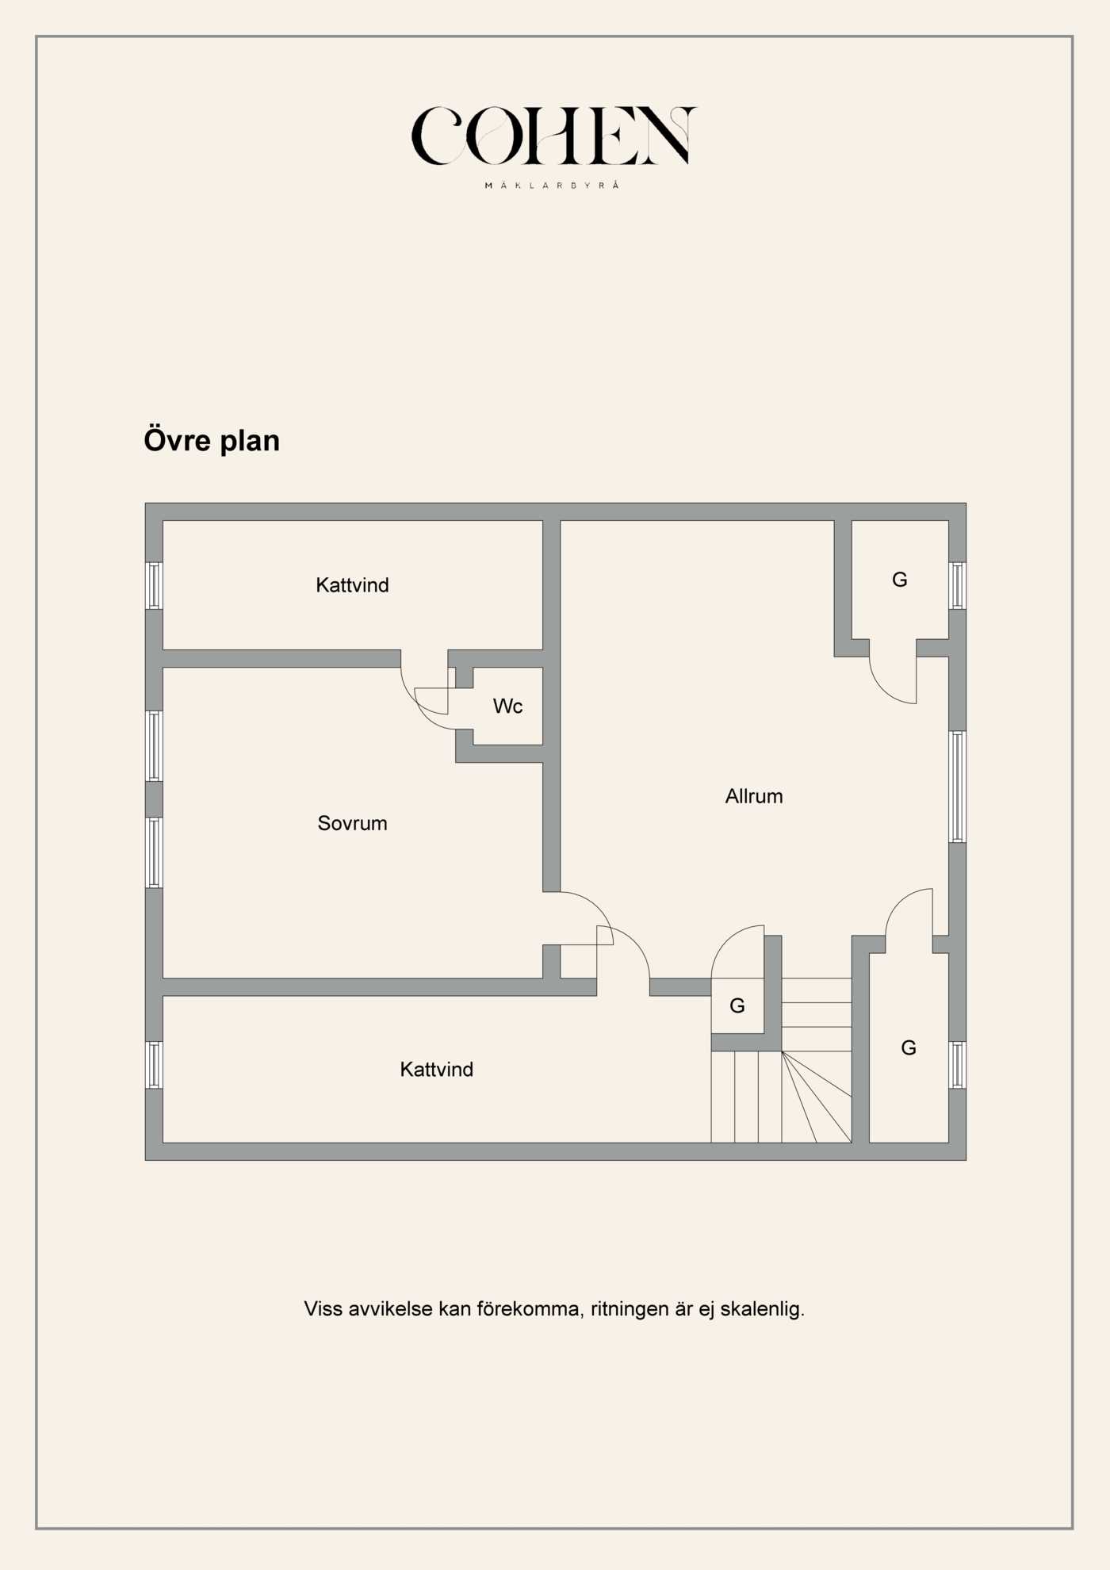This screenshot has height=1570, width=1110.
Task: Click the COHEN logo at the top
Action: coord(553,136)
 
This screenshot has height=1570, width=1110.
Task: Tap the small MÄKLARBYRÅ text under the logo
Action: coord(552,186)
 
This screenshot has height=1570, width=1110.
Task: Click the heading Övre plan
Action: coord(212,441)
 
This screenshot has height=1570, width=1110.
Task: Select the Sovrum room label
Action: coord(352,823)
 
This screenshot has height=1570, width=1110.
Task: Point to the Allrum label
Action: coord(753,796)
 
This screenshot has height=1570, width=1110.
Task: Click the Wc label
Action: coord(507,706)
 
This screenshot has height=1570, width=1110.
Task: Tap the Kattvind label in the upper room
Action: coord(352,585)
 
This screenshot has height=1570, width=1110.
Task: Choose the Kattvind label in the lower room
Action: coord(436,1069)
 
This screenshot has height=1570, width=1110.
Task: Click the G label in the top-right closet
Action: coord(899,580)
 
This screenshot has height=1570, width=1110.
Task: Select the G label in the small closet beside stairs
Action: coord(737,1005)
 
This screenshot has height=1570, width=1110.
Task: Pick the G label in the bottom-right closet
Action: coord(909,1047)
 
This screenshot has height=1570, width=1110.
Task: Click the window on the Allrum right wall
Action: coord(957,787)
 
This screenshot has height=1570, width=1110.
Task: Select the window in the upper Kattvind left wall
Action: coord(155,586)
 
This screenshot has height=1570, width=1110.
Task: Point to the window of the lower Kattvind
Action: coord(155,1065)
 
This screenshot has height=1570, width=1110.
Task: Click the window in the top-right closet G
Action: coord(957,586)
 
